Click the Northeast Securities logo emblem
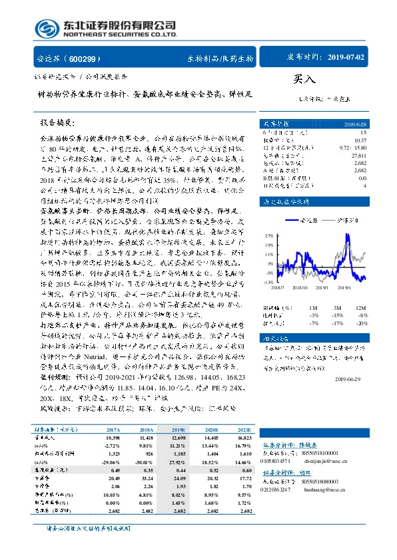(47, 28)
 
